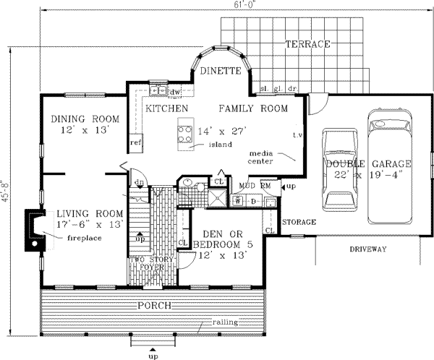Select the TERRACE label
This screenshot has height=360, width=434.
point(308,44)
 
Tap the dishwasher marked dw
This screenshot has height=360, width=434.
point(174,93)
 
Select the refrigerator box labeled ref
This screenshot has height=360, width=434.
point(135,142)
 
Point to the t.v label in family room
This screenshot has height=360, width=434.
point(297,136)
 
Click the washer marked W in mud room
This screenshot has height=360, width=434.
point(238,200)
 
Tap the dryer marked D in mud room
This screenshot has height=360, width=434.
point(252,200)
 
